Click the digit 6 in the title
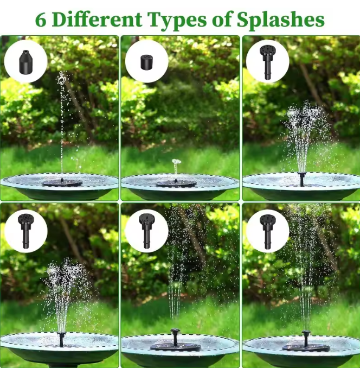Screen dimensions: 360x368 pos(41,20)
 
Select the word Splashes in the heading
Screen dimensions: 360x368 pos(280,20)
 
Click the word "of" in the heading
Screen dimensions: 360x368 pos(222,19)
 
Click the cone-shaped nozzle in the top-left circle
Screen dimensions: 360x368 pos(26,61)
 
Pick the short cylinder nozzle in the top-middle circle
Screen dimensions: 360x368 pos(146,62)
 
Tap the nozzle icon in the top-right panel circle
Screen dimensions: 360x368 pos(267,62)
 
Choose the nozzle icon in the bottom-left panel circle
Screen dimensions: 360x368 pos(26,231)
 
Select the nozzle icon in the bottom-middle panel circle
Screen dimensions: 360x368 pos(147,231)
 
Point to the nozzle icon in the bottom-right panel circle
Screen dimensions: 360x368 pos(268,231)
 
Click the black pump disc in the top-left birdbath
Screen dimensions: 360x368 pos(62,183)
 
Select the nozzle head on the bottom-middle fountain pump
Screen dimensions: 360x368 pos(175,332)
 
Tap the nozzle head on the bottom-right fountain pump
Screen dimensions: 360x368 pos(306,333)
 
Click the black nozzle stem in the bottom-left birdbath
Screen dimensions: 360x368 pos(61,339)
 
